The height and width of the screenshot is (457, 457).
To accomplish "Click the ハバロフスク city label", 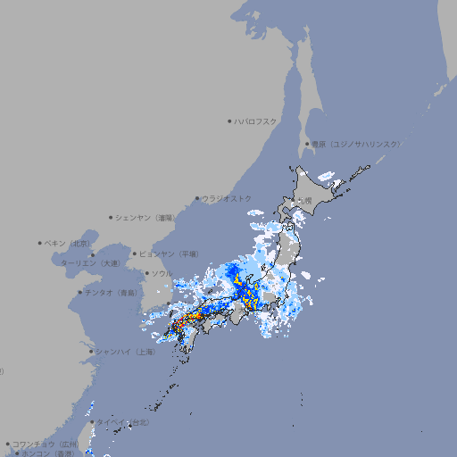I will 256,120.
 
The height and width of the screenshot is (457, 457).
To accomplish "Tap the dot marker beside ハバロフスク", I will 229,120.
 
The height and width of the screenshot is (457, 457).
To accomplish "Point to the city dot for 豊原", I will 308,144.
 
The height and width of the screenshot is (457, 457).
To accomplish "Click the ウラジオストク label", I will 227,198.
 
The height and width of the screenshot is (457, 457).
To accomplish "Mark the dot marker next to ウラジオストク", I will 197,198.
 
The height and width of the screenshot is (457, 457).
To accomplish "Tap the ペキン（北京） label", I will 69,243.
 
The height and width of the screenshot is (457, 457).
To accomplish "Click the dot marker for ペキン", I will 40,243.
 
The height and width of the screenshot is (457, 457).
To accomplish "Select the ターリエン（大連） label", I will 91,263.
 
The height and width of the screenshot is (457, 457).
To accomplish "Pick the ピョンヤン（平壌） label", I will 170,253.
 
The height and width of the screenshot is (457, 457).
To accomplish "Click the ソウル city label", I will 162,273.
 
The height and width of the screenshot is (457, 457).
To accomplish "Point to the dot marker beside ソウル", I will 146,273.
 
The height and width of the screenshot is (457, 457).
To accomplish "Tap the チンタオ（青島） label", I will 111,292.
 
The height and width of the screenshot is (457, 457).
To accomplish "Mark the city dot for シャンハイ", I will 91,352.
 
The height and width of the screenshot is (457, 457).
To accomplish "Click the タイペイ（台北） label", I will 122,420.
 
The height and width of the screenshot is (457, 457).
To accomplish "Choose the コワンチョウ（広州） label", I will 46,444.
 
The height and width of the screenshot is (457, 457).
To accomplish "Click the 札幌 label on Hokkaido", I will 306,201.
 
